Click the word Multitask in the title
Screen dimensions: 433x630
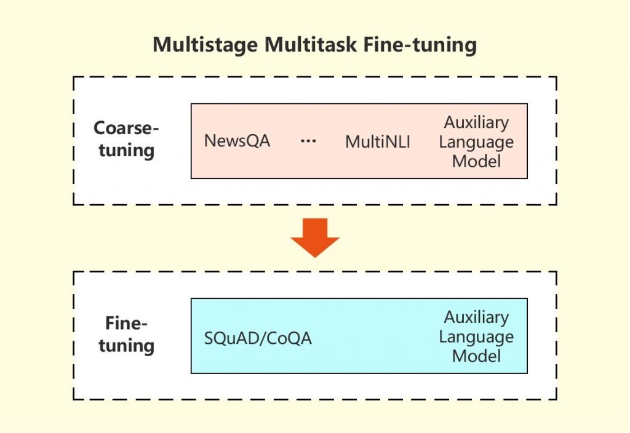tap(310, 46)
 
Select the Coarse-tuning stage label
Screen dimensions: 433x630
tap(126, 140)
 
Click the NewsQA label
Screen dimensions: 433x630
tap(237, 141)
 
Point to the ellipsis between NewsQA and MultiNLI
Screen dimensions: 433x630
tap(308, 141)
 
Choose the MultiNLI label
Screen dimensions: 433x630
tap(377, 142)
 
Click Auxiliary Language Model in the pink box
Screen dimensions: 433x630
tap(476, 142)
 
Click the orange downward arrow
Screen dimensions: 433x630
tap(315, 237)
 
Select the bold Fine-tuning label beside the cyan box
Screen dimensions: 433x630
tap(126, 335)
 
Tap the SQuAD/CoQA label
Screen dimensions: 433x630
tap(258, 338)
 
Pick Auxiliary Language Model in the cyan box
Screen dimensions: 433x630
tap(476, 337)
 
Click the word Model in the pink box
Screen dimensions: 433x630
tap(476, 161)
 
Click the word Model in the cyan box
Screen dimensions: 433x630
tap(476, 356)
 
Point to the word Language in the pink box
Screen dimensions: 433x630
tap(476, 142)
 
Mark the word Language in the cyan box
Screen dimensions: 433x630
tap(476, 337)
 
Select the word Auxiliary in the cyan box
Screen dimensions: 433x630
tap(476, 317)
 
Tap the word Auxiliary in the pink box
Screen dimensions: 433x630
tap(476, 122)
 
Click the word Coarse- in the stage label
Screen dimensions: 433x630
tap(126, 129)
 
